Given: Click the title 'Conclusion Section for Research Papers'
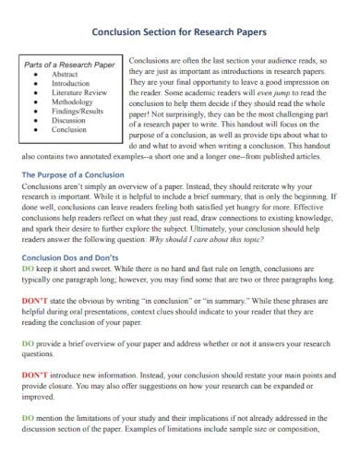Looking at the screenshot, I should (x=180, y=30).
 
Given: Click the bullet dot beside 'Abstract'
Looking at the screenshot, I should (x=35, y=75).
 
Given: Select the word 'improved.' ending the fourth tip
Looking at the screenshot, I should (x=38, y=397).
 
